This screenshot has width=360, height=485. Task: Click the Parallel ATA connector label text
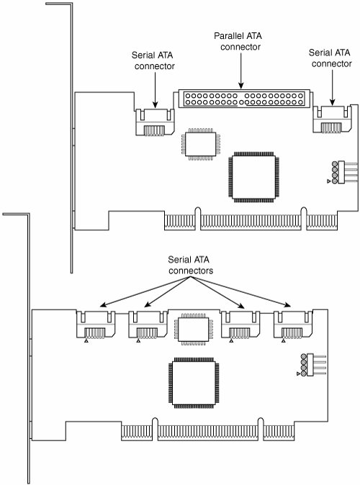[238, 42]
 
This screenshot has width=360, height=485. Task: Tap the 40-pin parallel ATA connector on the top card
[244, 99]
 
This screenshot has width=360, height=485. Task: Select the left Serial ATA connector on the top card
[155, 122]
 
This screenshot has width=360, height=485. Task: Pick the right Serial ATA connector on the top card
[332, 119]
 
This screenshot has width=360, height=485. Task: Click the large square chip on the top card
[254, 177]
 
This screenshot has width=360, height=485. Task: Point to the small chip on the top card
[201, 144]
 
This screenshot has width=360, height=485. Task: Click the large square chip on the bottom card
[194, 383]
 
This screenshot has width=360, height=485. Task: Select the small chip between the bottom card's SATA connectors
[194, 330]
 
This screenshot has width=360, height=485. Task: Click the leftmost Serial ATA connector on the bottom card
[96, 325]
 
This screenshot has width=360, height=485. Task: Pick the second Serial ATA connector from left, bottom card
[148, 325]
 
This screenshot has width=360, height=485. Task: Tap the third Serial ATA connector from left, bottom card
[240, 325]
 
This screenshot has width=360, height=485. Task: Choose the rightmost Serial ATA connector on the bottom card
[293, 325]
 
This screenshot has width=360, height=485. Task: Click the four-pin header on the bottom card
[313, 365]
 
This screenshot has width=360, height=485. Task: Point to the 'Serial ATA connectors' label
[190, 265]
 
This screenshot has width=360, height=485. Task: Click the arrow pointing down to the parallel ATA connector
[241, 71]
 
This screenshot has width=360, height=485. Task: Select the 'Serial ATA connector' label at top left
[153, 60]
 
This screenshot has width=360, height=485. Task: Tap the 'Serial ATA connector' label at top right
[330, 58]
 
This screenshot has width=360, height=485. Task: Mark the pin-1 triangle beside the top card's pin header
[329, 181]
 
